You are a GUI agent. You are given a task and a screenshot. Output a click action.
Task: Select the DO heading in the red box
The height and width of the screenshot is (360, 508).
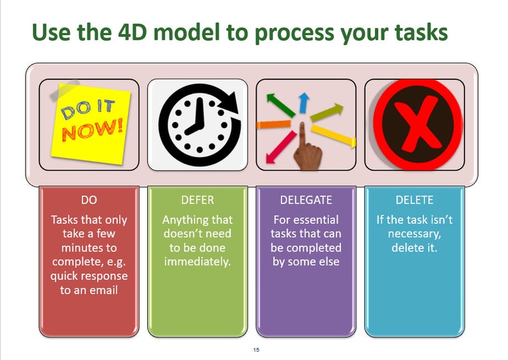click(89, 200)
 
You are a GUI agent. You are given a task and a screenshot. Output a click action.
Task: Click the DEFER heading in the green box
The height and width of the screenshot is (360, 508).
click(197, 200)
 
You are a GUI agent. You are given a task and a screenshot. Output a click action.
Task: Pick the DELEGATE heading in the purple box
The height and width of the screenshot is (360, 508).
click(306, 200)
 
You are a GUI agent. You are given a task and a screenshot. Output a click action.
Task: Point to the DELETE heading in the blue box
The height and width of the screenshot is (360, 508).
click(414, 200)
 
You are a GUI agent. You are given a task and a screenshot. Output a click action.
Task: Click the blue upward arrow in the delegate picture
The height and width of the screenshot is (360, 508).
click(304, 103)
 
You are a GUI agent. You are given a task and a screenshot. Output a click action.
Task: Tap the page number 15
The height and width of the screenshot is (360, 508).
click(256, 350)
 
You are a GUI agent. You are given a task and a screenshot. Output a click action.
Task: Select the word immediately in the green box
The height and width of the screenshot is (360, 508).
click(197, 262)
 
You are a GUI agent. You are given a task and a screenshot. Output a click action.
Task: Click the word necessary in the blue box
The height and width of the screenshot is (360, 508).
click(414, 233)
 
